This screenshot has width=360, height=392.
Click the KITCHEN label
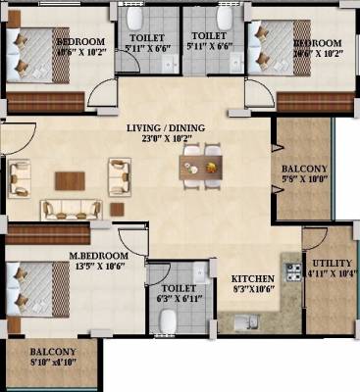[250, 278]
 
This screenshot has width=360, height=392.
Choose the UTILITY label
[328, 264]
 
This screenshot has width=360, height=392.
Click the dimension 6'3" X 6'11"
[178, 298]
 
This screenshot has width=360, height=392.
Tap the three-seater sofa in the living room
[72, 209]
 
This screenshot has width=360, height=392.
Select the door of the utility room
[312, 238]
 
